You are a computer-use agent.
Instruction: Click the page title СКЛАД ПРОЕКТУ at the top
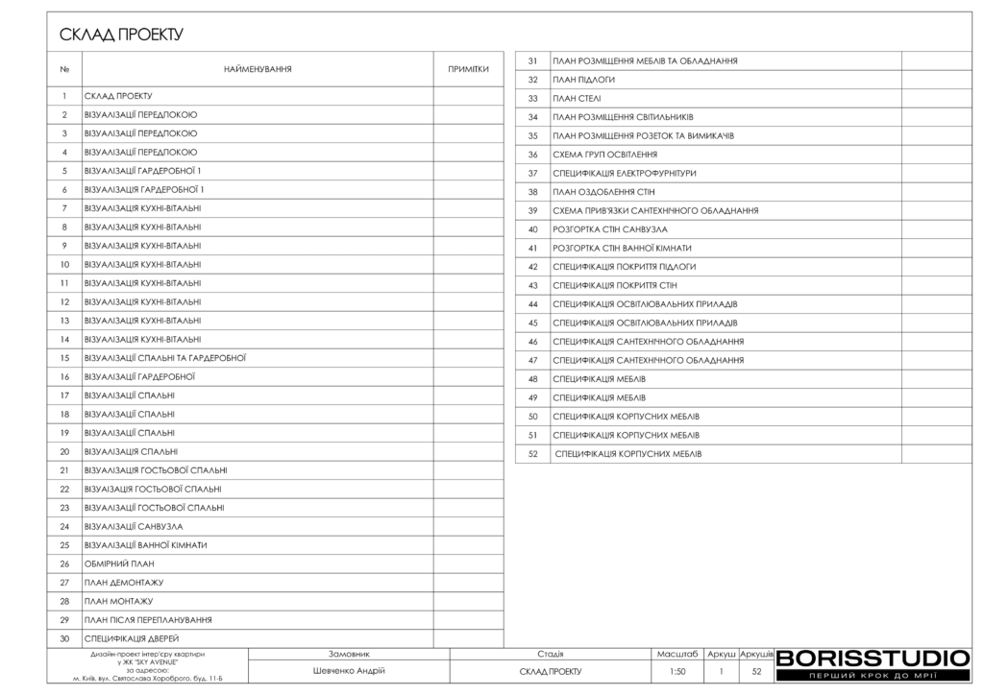(121, 36)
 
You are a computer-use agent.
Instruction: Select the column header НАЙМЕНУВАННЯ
(258, 69)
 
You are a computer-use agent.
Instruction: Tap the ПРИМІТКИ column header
(469, 69)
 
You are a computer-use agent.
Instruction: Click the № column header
(64, 69)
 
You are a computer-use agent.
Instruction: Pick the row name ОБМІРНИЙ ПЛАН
(119, 563)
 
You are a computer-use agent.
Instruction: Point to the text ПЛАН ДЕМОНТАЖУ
(124, 583)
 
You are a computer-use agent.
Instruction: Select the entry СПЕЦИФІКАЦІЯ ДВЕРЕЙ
(132, 638)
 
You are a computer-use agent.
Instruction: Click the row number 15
(64, 358)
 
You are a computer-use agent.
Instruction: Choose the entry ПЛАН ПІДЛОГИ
(583, 80)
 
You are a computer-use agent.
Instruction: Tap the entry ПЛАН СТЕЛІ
(576, 98)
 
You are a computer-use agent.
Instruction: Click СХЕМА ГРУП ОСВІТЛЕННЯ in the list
(605, 155)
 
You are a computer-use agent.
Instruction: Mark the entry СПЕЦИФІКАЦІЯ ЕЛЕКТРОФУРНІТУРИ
(625, 173)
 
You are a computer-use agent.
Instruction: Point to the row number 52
(533, 453)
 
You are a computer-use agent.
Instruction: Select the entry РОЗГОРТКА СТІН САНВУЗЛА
(610, 229)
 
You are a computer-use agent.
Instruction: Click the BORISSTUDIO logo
(873, 659)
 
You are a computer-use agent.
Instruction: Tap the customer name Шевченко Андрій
(349, 671)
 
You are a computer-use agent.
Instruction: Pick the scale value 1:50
(677, 672)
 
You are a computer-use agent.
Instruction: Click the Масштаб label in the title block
(677, 654)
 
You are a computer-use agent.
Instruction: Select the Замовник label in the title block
(349, 654)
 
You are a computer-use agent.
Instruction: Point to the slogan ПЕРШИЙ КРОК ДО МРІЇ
(873, 676)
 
